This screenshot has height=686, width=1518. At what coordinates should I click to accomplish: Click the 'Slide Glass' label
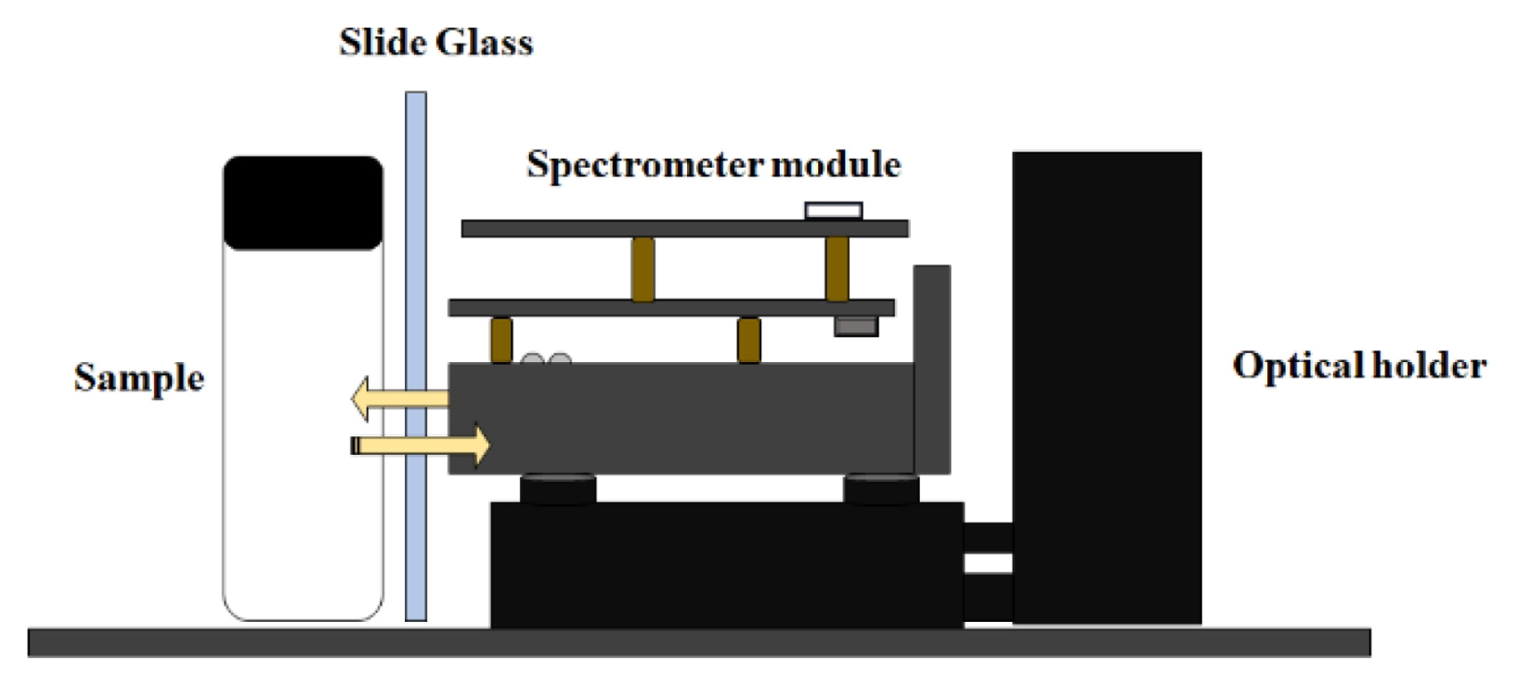click(x=435, y=43)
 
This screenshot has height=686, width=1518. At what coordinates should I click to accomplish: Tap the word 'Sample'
click(x=139, y=378)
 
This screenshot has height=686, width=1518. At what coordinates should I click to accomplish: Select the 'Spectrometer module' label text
click(x=713, y=165)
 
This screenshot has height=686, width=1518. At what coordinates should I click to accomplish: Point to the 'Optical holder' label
click(x=1358, y=366)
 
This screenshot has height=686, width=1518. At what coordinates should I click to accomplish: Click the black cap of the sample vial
click(x=303, y=202)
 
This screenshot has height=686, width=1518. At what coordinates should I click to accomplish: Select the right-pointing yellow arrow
click(x=422, y=446)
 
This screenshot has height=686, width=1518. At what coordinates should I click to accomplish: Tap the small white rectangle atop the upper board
click(x=833, y=211)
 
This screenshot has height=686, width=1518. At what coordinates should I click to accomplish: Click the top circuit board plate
click(x=684, y=228)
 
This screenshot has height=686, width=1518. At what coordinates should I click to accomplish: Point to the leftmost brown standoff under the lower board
click(x=501, y=340)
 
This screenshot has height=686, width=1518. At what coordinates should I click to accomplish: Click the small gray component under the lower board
click(x=855, y=326)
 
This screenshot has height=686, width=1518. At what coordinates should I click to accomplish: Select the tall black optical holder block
click(x=1107, y=387)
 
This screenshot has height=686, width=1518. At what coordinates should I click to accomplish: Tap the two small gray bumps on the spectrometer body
click(x=546, y=358)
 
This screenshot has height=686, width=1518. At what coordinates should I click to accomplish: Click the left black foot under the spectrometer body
click(x=558, y=488)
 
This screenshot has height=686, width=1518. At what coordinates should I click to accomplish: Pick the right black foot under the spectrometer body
click(x=881, y=488)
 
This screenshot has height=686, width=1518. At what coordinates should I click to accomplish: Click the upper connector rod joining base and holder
click(x=988, y=536)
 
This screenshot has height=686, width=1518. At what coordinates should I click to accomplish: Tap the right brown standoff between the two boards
click(x=837, y=268)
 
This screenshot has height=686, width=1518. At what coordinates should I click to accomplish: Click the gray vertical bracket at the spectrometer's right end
click(x=932, y=369)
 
